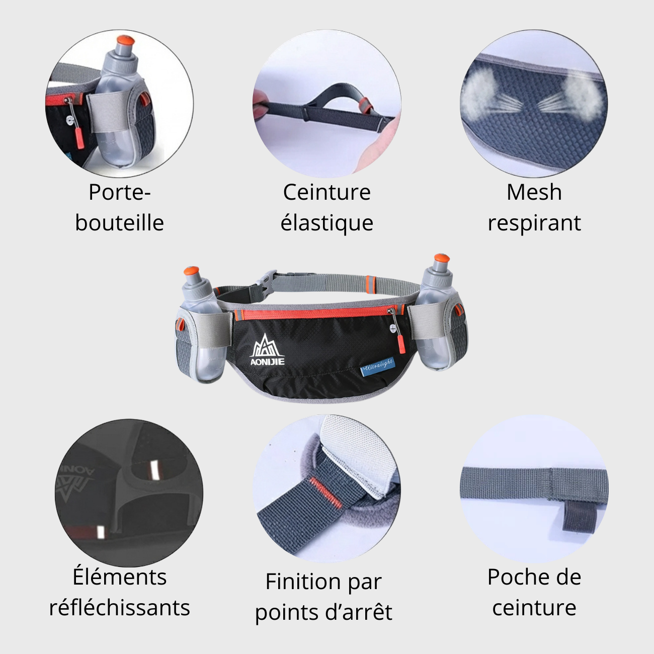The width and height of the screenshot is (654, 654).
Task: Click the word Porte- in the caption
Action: click(119, 192)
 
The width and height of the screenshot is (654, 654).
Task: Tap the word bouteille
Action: click(119, 223)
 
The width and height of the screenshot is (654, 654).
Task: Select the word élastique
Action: click(326, 223)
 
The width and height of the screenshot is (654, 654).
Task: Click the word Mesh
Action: click(534, 192)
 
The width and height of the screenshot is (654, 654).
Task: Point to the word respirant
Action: click(534, 223)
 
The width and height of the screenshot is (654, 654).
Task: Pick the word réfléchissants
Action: click(119, 608)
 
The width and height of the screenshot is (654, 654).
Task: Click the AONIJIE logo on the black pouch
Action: click(267, 350)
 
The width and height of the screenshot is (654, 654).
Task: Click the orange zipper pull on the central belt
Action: click(400, 344)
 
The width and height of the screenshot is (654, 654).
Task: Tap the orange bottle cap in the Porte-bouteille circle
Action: click(125, 40)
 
